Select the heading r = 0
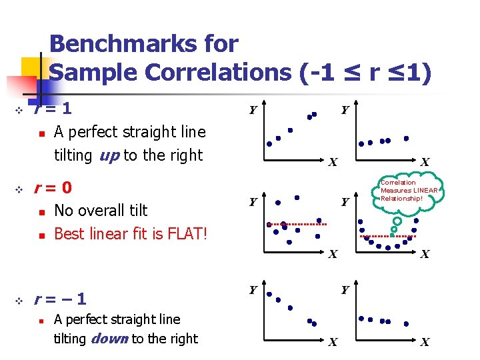[x=53, y=187]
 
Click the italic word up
[x=109, y=155]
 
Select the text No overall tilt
[x=101, y=211]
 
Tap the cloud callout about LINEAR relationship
[x=409, y=191]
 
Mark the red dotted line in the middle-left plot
[x=297, y=225]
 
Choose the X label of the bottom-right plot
[x=425, y=343]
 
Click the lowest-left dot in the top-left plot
[x=269, y=143]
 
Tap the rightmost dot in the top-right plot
[x=407, y=138]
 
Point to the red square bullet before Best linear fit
[x=41, y=235]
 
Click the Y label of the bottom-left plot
[x=253, y=289]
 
